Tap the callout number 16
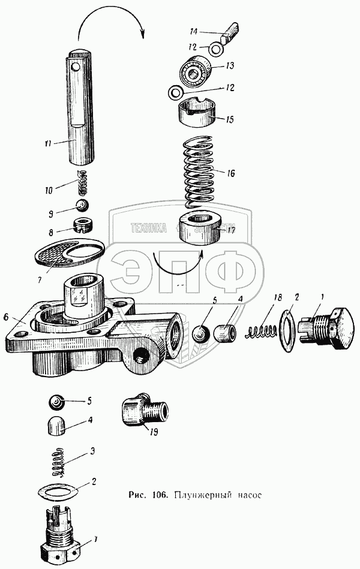(x=231, y=173)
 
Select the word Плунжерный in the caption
(x=200, y=496)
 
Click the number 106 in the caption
(x=158, y=496)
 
